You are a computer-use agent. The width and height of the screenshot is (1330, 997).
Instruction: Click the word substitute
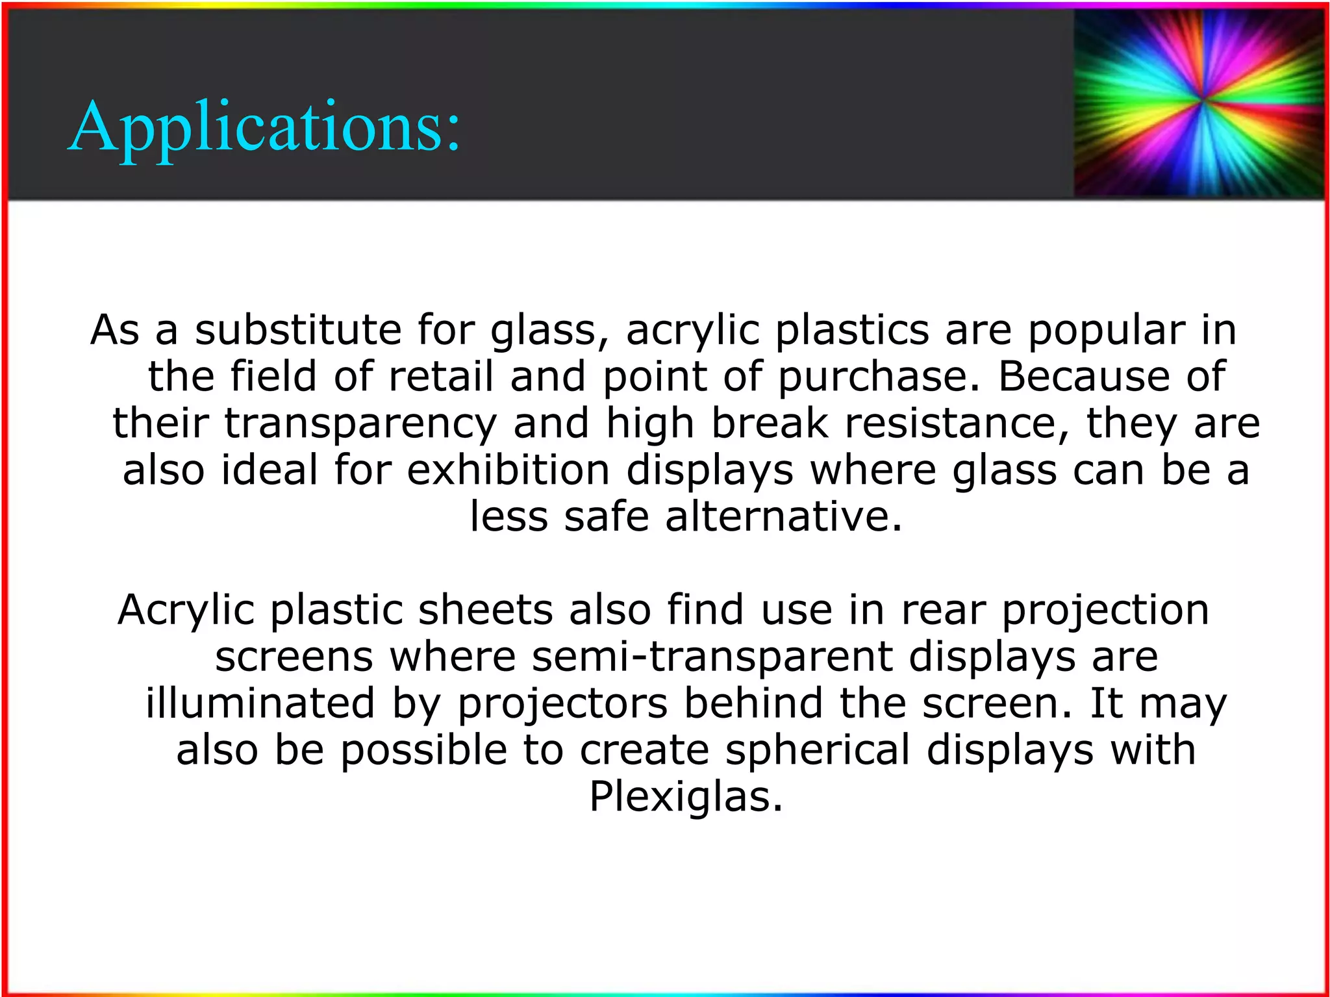point(298,330)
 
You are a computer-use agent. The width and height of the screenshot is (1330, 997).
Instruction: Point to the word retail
point(441,377)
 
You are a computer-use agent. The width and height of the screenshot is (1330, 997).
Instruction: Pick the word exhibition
point(508,470)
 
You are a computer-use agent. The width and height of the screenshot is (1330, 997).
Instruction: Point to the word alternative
point(784,517)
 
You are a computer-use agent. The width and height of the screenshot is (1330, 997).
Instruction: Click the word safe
point(607,517)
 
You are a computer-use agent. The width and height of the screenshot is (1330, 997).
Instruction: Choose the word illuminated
point(260,703)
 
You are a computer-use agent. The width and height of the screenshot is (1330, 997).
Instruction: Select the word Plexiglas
point(686,798)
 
